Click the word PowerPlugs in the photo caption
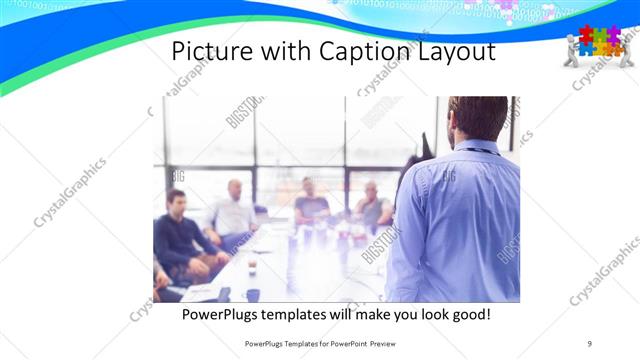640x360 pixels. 231,315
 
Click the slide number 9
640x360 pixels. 590,343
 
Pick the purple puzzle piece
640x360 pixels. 612,33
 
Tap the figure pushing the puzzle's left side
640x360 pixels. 572,50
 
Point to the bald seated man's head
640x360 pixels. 234,189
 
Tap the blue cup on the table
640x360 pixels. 253,294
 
